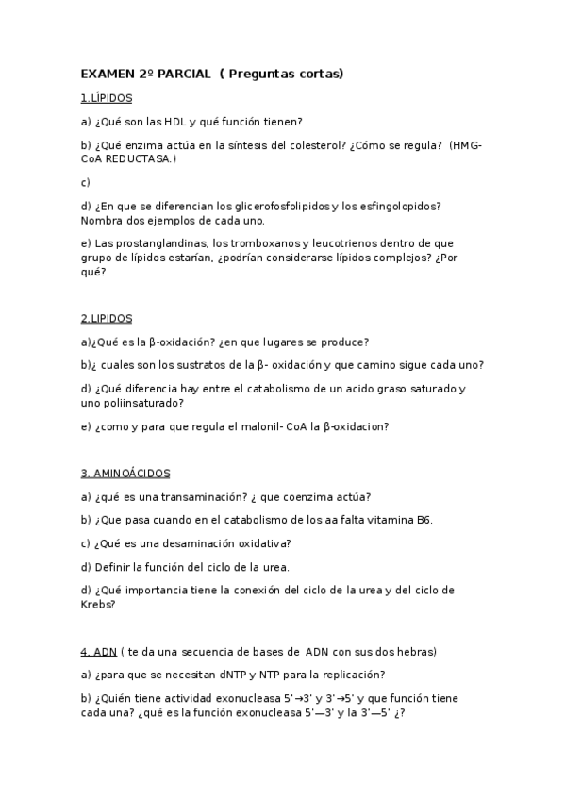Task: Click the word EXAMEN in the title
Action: [x=108, y=73]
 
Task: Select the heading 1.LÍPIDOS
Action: [x=107, y=97]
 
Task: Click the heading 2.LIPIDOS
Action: [x=107, y=318]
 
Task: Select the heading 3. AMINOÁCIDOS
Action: [x=125, y=473]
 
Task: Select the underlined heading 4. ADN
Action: [x=99, y=651]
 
